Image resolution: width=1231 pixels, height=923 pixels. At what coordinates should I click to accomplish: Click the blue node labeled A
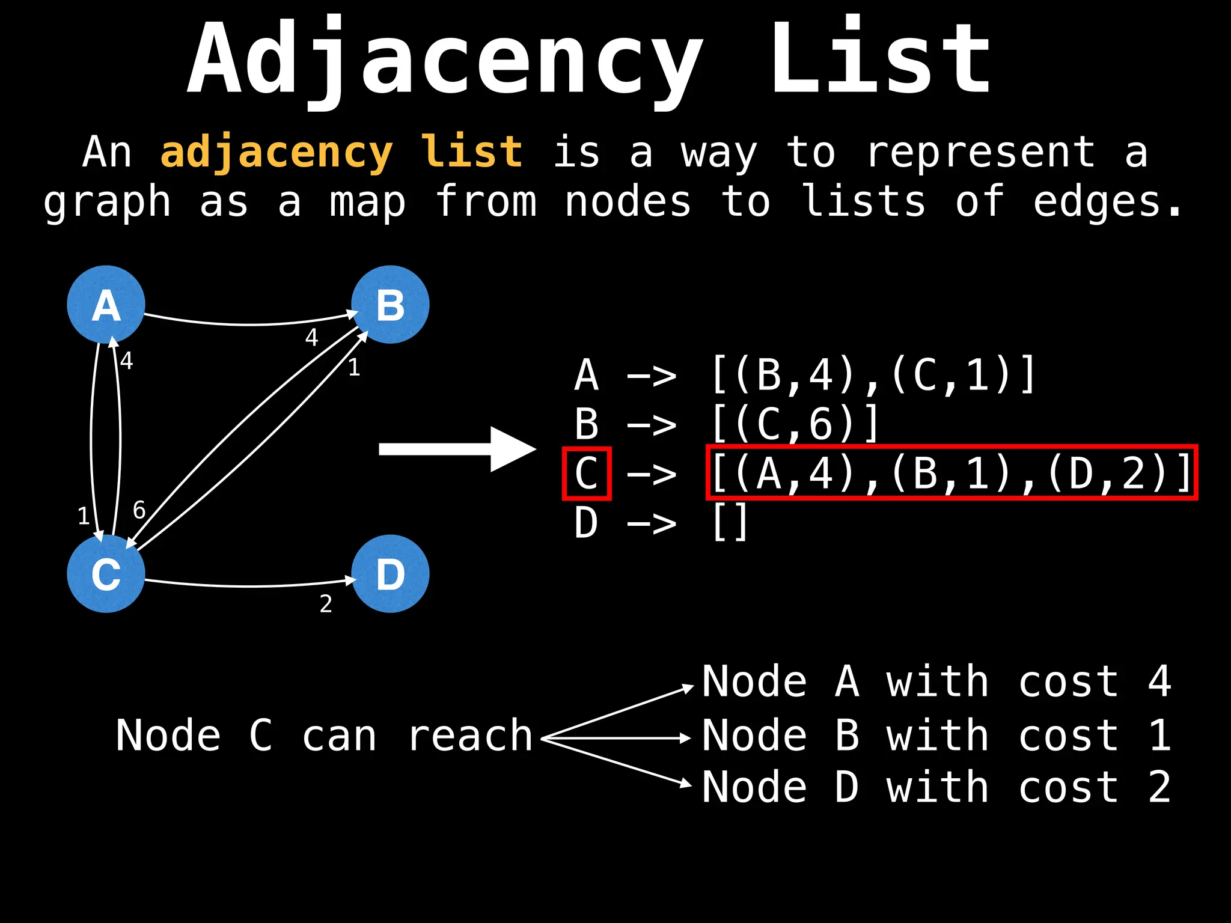point(106,305)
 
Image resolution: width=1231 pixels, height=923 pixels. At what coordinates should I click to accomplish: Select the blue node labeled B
point(390,305)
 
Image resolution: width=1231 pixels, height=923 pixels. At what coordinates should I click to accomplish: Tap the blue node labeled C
point(106,574)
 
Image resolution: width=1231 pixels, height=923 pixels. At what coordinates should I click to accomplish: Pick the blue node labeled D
point(390,574)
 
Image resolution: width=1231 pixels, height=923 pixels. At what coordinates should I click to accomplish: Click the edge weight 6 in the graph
point(139,510)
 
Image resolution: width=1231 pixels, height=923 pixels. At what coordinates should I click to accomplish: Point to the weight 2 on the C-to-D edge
point(326,604)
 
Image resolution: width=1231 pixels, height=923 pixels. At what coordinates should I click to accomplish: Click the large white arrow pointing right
point(457,449)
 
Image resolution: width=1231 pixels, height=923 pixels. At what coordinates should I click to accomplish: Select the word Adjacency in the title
point(445,60)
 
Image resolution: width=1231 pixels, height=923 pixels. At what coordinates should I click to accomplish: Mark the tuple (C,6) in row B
point(793,424)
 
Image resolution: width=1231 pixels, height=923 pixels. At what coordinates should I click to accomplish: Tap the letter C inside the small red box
point(586,474)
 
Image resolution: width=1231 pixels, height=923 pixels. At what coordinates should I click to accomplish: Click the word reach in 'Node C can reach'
point(470,736)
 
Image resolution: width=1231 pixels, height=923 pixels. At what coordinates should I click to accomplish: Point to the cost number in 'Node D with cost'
point(1159,787)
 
